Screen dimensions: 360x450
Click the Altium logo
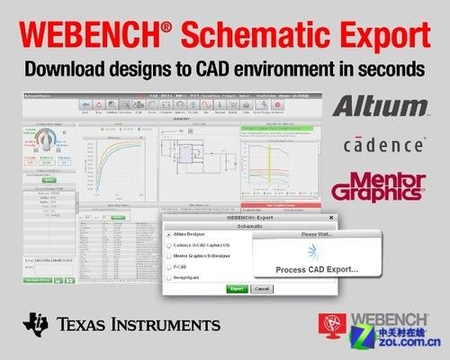pos(379,106)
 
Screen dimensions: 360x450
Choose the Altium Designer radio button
pos(168,233)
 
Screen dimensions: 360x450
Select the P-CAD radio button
pos(168,267)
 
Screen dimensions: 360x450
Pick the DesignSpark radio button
pos(168,279)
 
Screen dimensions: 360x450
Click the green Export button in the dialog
pos(237,289)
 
